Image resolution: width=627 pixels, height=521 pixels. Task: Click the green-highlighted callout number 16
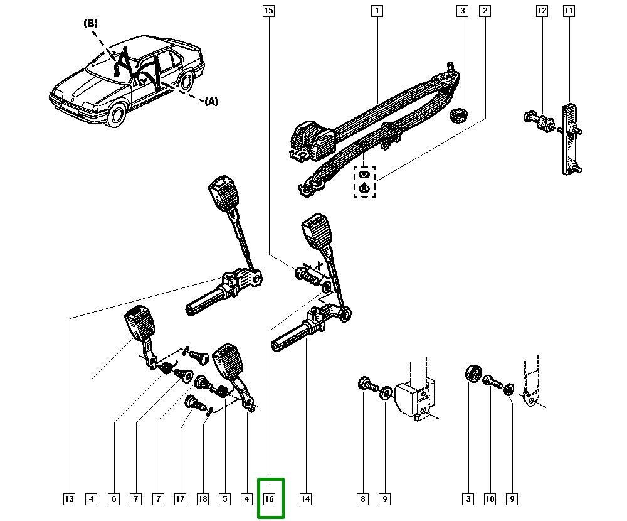tap(270, 499)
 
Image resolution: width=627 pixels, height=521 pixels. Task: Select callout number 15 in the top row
tap(268, 11)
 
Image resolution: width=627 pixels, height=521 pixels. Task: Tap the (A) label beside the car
tap(211, 101)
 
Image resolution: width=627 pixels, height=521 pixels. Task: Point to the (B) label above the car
tap(91, 23)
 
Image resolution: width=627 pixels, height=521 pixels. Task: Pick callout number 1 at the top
tap(377, 11)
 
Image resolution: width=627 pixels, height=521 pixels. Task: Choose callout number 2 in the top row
tap(485, 11)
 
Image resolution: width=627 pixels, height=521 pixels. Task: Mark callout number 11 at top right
tap(569, 11)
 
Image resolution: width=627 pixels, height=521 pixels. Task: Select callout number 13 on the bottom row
tap(69, 499)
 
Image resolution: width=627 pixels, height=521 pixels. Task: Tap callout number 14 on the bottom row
tap(305, 499)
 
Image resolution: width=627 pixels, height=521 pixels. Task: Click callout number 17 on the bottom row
tap(181, 499)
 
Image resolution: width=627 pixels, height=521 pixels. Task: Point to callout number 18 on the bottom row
tap(203, 499)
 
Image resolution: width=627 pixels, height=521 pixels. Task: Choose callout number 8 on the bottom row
tap(362, 499)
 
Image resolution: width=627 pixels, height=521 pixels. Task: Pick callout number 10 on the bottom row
tap(490, 499)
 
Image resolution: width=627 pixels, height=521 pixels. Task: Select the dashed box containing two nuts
tap(364, 181)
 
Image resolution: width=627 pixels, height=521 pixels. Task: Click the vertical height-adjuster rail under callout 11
tap(569, 138)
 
